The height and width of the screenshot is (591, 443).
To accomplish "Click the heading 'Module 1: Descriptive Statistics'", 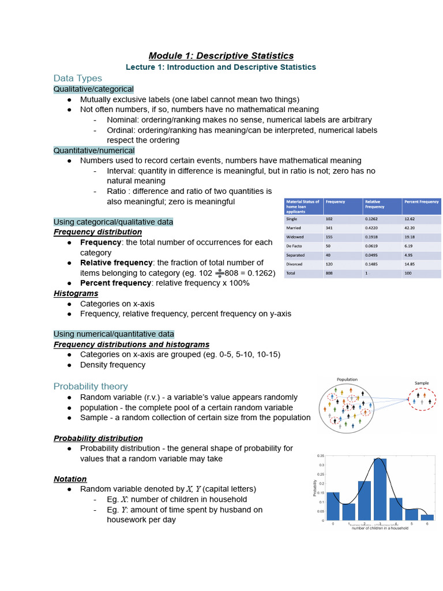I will tap(221, 55).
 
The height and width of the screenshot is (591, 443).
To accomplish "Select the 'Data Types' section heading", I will tap(77, 78).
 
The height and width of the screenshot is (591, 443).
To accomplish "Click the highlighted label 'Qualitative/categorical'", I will tap(93, 89).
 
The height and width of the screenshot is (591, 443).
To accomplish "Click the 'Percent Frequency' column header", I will tap(421, 202).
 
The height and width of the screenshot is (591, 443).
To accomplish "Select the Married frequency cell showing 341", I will tap(329, 227).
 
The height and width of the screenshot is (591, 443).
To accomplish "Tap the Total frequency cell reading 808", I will tap(329, 273).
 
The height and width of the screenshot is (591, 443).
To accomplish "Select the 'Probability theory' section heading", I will tap(91, 386).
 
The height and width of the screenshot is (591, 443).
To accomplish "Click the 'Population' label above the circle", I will tap(347, 379).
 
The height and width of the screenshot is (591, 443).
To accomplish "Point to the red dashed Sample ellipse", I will tap(422, 399).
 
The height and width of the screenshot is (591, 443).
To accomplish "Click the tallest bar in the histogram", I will tap(380, 489).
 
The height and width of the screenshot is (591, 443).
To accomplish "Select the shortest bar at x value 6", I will tap(427, 517).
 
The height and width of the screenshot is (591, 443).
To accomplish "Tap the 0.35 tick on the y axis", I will tap(320, 456).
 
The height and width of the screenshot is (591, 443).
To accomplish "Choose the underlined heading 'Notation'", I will tap(70, 479).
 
